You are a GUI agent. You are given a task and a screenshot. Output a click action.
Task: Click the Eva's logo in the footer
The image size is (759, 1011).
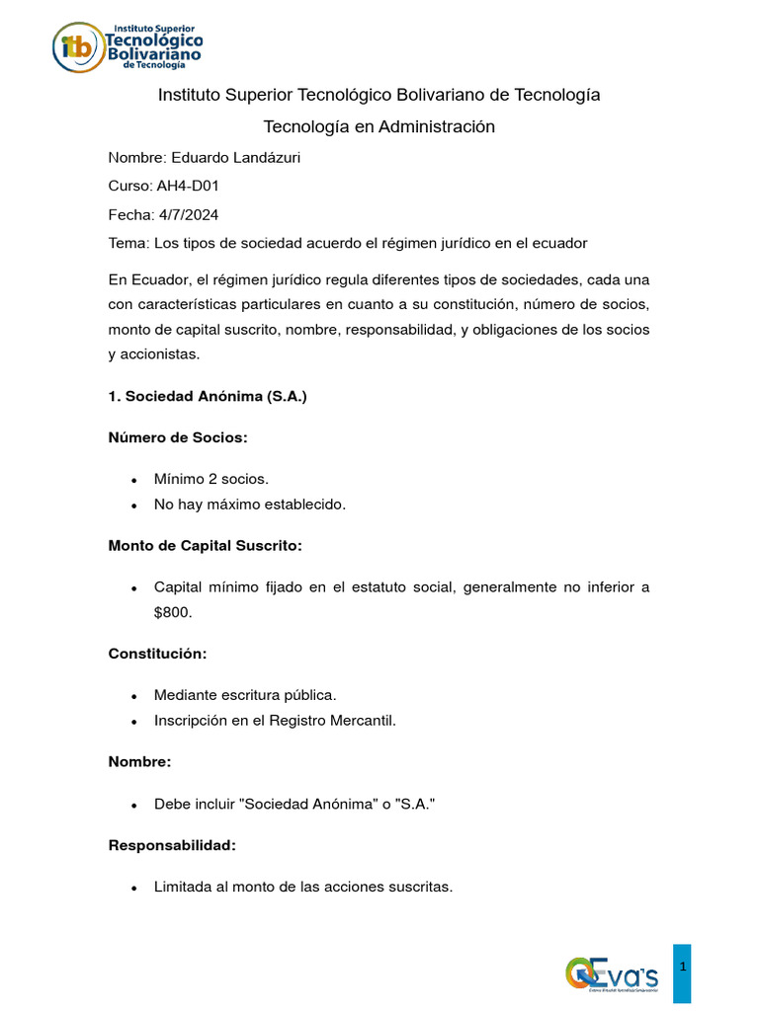click(x=612, y=973)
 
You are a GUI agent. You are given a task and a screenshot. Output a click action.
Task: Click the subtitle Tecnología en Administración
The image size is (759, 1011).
click(x=379, y=126)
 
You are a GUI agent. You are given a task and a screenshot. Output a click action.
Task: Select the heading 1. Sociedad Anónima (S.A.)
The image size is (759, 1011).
click(x=208, y=397)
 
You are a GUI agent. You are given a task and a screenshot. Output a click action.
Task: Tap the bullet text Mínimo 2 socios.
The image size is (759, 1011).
click(x=211, y=478)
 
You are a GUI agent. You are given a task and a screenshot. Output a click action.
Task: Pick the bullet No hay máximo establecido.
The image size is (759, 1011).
click(x=250, y=505)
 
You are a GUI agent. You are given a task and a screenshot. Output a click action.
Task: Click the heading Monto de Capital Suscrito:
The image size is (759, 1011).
click(x=205, y=545)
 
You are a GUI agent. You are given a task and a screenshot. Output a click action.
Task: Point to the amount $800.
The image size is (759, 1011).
click(x=173, y=612)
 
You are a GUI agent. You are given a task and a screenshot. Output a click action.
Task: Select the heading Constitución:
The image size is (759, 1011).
click(x=157, y=654)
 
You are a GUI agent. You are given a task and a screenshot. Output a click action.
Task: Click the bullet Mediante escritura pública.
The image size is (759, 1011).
click(x=252, y=694)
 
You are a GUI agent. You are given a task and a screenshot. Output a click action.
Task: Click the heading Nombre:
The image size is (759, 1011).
click(x=139, y=761)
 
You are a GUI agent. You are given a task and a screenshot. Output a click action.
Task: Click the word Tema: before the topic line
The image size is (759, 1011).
click(x=127, y=243)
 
